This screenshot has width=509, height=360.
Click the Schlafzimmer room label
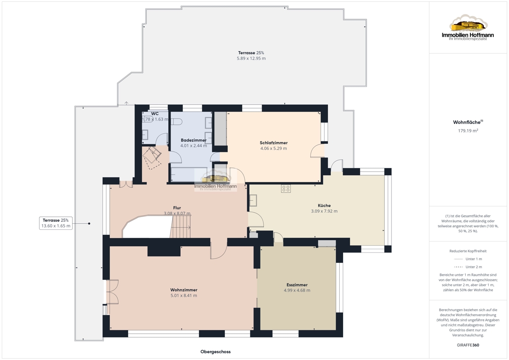(x=274, y=143)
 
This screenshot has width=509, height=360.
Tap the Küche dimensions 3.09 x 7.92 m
(x=324, y=211)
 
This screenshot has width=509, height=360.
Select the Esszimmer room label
(x=297, y=285)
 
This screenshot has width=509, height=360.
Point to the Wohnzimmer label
(x=184, y=290)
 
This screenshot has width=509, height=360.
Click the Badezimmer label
(x=193, y=140)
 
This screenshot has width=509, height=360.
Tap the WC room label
(x=155, y=114)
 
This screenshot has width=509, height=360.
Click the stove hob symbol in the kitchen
(x=285, y=188)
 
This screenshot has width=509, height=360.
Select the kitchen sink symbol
(x=253, y=200)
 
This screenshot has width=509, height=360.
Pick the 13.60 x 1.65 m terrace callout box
(x=56, y=223)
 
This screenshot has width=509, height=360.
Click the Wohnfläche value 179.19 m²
(x=468, y=130)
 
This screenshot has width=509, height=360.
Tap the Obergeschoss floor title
(x=215, y=352)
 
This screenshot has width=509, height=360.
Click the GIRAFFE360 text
(x=468, y=345)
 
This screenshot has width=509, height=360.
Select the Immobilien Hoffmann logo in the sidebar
(x=468, y=28)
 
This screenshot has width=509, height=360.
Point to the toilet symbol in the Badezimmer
(x=176, y=122)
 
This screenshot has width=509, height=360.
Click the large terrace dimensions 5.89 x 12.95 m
(x=251, y=59)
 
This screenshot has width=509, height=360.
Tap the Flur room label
(x=177, y=208)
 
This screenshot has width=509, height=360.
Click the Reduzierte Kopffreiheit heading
(x=468, y=251)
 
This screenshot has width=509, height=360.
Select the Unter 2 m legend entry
(x=468, y=267)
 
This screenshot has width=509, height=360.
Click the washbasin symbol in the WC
(x=145, y=135)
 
